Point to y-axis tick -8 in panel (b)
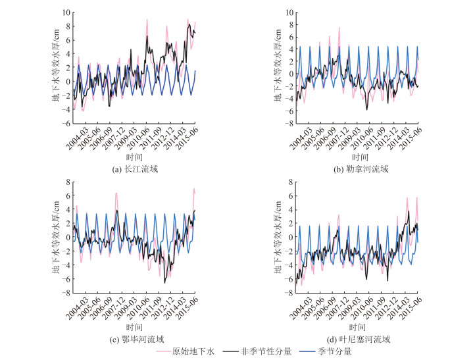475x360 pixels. click(286, 123)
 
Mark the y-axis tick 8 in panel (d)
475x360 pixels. click(286, 182)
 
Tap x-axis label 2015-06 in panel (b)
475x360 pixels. click(411, 140)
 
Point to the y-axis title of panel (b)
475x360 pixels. click(277, 68)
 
